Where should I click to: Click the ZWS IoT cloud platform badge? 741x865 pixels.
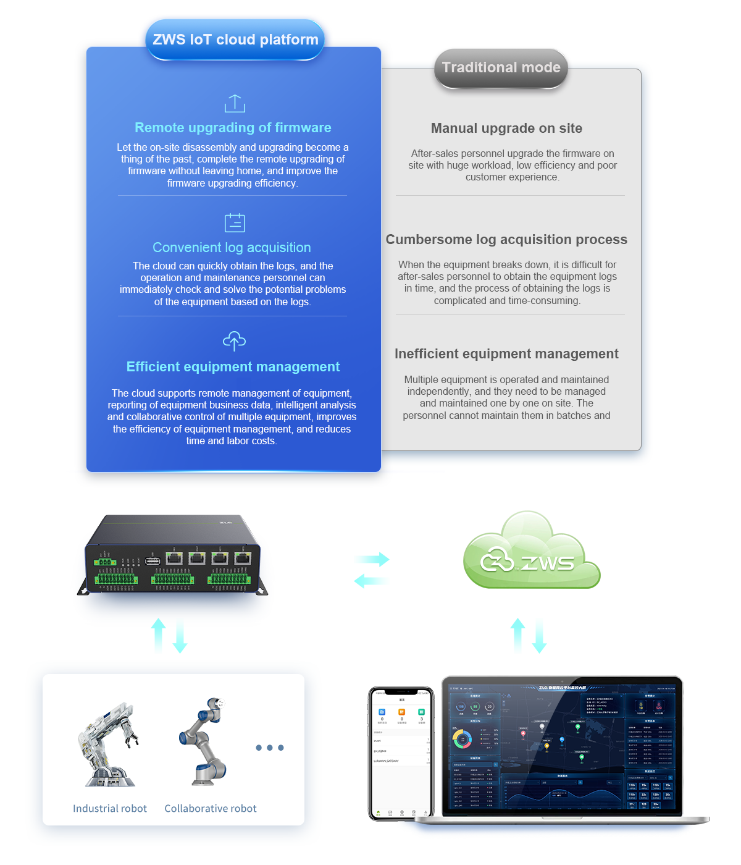pyautogui.click(x=235, y=40)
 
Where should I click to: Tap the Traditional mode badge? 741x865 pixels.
pyautogui.click(x=501, y=67)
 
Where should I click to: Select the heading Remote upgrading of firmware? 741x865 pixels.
pyautogui.click(x=233, y=128)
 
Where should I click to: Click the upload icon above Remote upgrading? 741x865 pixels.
pyautogui.click(x=235, y=103)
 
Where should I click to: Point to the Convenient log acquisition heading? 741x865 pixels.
pyautogui.click(x=232, y=248)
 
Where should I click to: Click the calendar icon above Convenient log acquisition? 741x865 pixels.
pyautogui.click(x=235, y=222)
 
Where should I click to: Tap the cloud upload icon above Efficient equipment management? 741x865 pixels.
pyautogui.click(x=234, y=340)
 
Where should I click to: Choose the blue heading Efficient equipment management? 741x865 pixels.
pyautogui.click(x=233, y=367)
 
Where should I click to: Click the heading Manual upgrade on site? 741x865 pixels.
pyautogui.click(x=506, y=129)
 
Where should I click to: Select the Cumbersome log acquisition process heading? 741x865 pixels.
pyautogui.click(x=506, y=240)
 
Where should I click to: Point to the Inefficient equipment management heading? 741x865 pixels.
pyautogui.click(x=506, y=354)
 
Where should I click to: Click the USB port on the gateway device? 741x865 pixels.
pyautogui.click(x=153, y=561)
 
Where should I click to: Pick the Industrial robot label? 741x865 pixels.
pyautogui.click(x=110, y=809)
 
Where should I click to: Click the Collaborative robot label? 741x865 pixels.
pyautogui.click(x=211, y=809)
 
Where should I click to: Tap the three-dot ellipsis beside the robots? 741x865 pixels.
pyautogui.click(x=270, y=748)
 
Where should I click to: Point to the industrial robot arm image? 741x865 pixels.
pyautogui.click(x=109, y=745)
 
